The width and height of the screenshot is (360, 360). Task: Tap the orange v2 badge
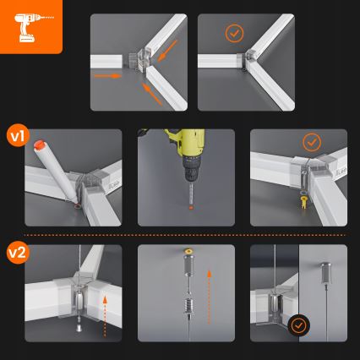click(x=19, y=251)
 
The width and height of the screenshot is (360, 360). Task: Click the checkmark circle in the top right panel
click(x=233, y=34)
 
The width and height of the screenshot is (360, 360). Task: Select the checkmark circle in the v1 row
click(x=312, y=142)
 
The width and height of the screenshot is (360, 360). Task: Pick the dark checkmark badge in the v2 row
click(x=298, y=324)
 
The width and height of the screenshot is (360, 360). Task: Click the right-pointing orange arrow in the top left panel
click(x=109, y=75)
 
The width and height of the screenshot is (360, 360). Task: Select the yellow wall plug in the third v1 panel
click(x=303, y=203)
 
